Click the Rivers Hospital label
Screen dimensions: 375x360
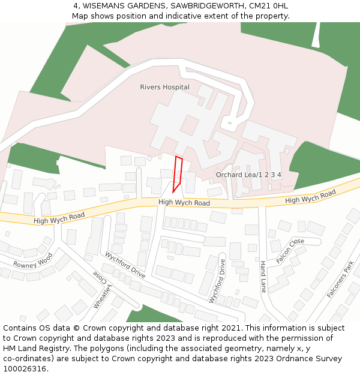pyautogui.click(x=164, y=87)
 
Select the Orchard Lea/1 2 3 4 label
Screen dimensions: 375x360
pyautogui.click(x=248, y=175)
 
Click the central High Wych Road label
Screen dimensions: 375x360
pyautogui.click(x=184, y=203)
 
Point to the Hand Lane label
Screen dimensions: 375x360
pyautogui.click(x=263, y=276)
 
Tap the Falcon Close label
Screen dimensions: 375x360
pyautogui.click(x=290, y=251)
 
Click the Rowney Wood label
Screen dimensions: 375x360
pyautogui.click(x=33, y=262)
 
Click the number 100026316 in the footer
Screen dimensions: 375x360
pyautogui.click(x=25, y=369)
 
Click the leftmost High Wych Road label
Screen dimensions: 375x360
pyautogui.click(x=59, y=217)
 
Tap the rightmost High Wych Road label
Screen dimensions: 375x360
pyautogui.click(x=310, y=196)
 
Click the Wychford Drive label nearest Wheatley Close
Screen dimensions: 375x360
pyautogui.click(x=125, y=265)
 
